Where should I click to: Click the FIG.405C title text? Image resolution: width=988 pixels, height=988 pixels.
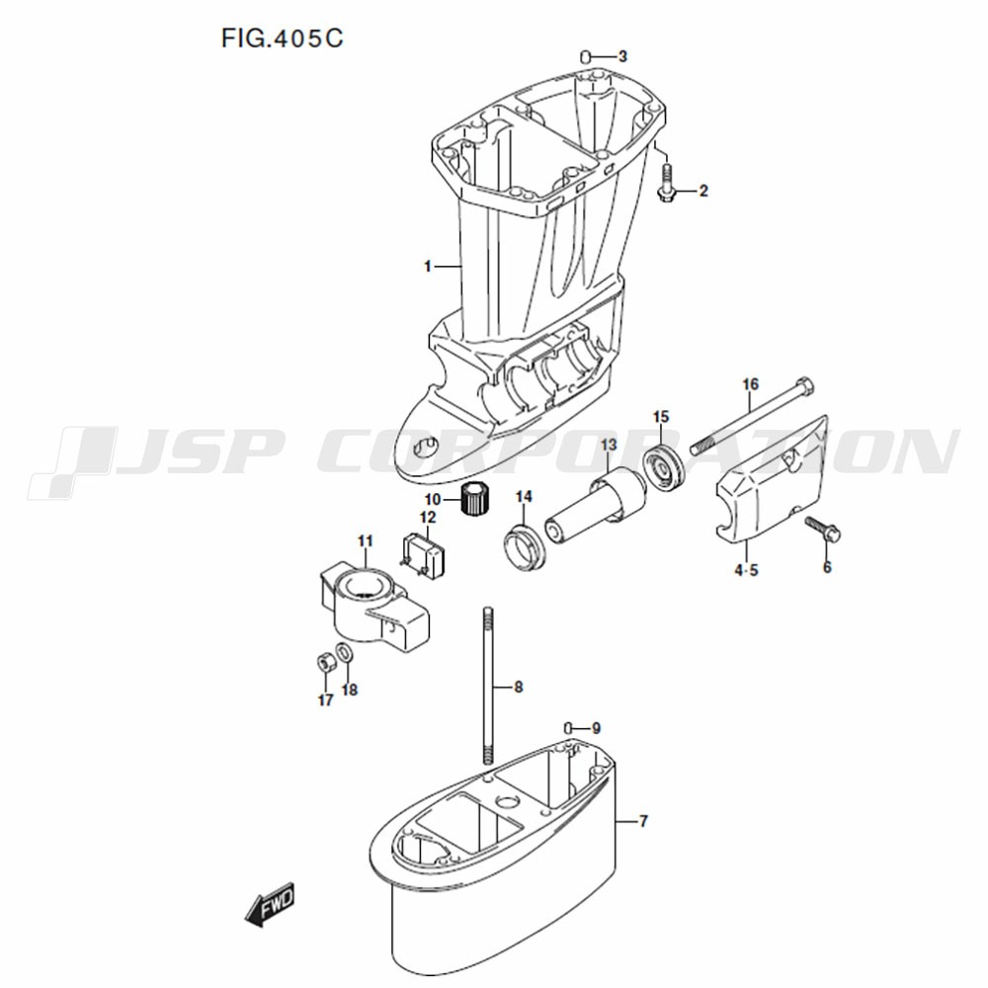tap(282, 39)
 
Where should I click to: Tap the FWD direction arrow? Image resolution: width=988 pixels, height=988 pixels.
tap(270, 904)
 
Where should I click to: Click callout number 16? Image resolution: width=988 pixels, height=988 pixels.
tap(751, 383)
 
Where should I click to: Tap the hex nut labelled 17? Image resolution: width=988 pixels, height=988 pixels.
tap(325, 663)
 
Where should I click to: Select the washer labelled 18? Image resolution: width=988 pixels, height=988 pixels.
tap(345, 653)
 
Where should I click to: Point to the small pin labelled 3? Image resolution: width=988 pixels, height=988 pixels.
tap(584, 57)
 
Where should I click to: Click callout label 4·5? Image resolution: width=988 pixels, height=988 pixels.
tap(746, 571)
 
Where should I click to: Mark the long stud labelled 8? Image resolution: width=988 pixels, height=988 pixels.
tap(488, 686)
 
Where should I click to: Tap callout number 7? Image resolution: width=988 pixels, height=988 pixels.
tap(643, 821)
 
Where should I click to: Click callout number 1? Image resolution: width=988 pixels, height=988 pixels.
tap(427, 267)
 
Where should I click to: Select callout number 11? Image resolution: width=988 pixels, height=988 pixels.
tap(366, 540)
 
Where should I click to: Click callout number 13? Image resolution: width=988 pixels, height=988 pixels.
tap(608, 446)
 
